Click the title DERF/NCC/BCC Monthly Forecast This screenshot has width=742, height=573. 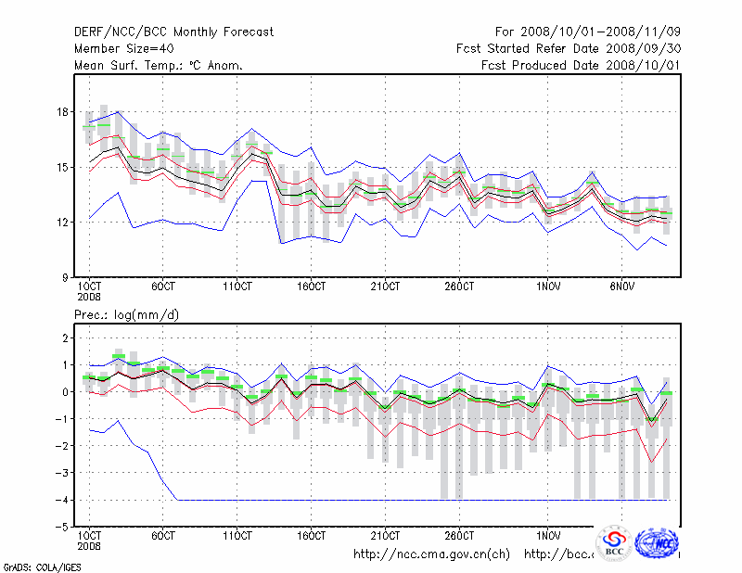click(x=174, y=32)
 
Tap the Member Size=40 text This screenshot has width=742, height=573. click(x=123, y=49)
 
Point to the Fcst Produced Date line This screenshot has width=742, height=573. click(x=582, y=66)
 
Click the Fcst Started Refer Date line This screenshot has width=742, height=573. click(x=569, y=49)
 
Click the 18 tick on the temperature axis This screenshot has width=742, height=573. click(x=63, y=112)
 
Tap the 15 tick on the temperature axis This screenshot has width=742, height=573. click(x=63, y=168)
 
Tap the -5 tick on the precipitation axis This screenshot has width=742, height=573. click(x=64, y=527)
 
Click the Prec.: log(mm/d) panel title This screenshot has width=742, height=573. click(x=127, y=316)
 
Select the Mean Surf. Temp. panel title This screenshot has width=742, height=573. click(x=159, y=66)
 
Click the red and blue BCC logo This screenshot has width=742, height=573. click(x=614, y=542)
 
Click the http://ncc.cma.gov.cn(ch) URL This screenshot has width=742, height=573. click(x=431, y=554)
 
